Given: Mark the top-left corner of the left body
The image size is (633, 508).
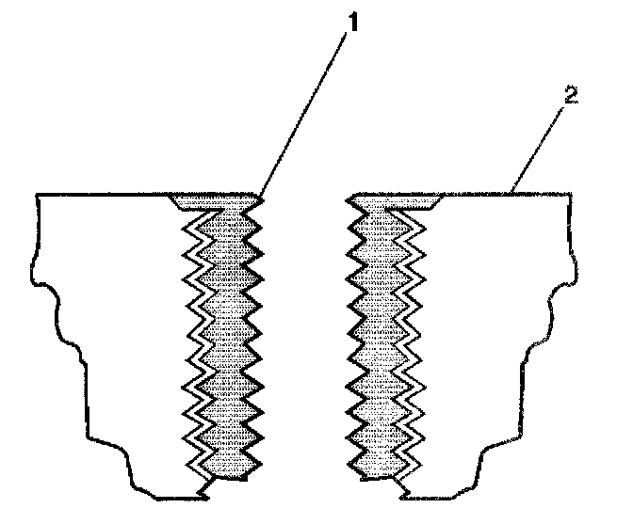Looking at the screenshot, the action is click(37, 195).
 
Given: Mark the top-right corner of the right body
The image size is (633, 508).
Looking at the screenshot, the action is click(571, 195).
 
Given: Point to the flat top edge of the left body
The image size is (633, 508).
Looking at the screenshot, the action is click(104, 195).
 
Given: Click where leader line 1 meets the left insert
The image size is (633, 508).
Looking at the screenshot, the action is click(259, 196).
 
